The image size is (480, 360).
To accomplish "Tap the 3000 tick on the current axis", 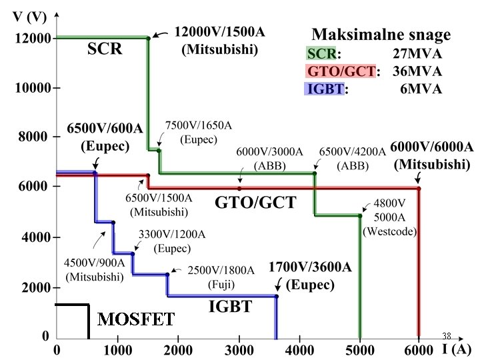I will click(x=238, y=348).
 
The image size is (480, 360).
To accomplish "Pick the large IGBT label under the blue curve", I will click(x=230, y=307).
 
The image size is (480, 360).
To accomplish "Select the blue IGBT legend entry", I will click(x=325, y=89).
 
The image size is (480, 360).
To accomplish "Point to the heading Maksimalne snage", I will click(x=381, y=33).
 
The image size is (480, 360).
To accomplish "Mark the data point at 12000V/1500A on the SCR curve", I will click(x=148, y=38).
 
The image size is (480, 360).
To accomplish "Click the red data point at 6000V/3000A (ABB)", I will click(x=239, y=189).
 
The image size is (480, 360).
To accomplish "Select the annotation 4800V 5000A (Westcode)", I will click(x=389, y=219).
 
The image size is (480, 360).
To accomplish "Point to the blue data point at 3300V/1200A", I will click(x=132, y=254).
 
